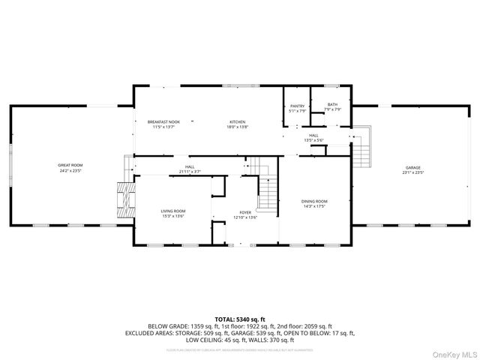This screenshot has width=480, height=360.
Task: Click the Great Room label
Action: coord(70,164)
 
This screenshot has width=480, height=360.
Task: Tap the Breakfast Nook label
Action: coord(163,121)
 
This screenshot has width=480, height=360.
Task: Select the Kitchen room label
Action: coord(237,121)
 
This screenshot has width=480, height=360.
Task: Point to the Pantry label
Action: coord(297,106)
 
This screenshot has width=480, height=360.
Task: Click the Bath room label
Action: coord(332,106)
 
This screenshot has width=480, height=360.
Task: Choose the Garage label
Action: coord(412,168)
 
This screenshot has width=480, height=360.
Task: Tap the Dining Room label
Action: coord(314,201)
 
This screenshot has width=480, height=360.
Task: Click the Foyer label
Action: coord(245,212)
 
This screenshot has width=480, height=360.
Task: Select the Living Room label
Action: coord(172,211)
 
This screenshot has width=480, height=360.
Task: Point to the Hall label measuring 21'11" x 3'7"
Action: coord(190,167)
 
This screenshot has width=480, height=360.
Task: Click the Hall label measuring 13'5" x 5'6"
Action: coord(313,136)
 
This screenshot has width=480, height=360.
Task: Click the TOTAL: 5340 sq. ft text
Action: coord(239,319)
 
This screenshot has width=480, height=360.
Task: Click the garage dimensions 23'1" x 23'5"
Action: coord(412,172)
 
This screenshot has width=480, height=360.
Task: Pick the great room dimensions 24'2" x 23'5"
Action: coord(70,169)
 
